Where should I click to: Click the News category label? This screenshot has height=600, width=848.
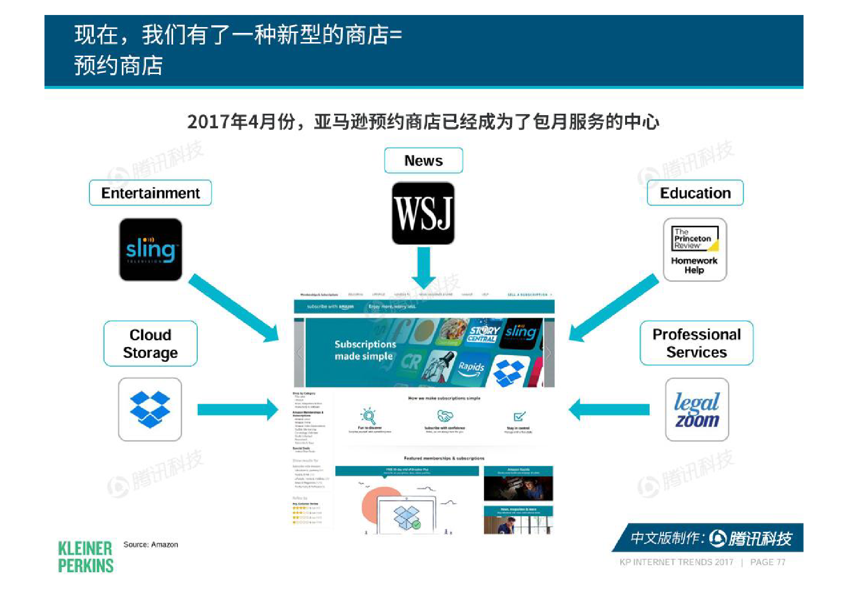click(x=424, y=161)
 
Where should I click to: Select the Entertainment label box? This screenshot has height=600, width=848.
click(x=150, y=193)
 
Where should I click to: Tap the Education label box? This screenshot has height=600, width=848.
click(x=695, y=193)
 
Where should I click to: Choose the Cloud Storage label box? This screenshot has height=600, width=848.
click(x=150, y=344)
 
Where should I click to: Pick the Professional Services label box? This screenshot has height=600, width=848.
click(x=696, y=343)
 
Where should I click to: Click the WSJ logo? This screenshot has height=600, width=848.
click(x=423, y=213)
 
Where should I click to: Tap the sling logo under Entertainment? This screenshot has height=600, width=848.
click(x=150, y=250)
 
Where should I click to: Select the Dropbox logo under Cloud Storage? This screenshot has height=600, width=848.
click(x=150, y=409)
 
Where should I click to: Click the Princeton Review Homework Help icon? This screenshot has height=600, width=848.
click(x=695, y=250)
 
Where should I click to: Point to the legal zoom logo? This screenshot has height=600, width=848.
click(x=697, y=409)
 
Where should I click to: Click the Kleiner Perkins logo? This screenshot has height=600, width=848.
click(x=86, y=557)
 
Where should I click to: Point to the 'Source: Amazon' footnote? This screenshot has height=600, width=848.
click(x=150, y=545)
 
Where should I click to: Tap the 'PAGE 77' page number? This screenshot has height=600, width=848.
click(x=768, y=562)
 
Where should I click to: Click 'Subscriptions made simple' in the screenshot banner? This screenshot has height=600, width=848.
click(x=365, y=350)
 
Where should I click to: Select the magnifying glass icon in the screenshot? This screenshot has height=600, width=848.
click(x=369, y=416)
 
